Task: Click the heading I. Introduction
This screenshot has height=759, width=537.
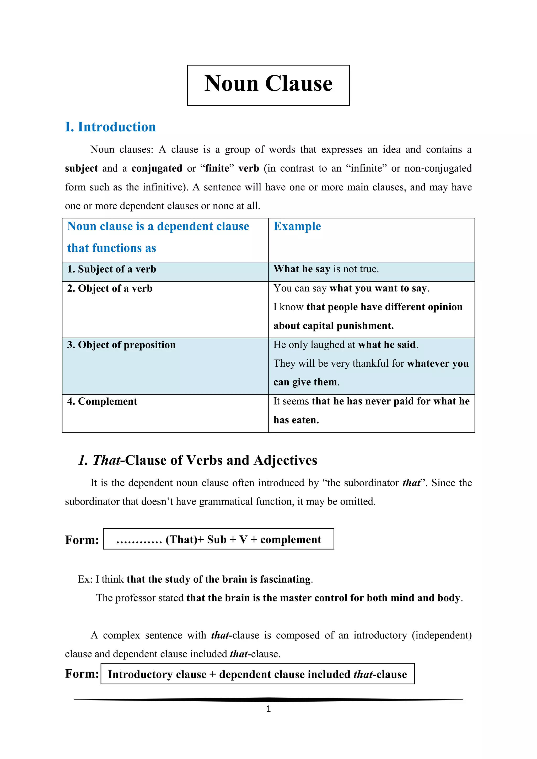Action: click(x=110, y=127)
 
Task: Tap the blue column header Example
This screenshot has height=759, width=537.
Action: click(x=297, y=226)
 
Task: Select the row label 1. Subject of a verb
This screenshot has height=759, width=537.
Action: click(x=111, y=269)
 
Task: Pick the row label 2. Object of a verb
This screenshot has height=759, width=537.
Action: click(x=110, y=288)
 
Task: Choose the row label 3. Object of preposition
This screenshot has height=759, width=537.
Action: click(x=121, y=345)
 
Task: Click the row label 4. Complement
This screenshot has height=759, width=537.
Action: click(x=102, y=401)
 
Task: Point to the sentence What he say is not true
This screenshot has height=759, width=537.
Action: click(x=326, y=269)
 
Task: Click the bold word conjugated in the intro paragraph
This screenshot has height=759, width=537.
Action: click(x=157, y=168)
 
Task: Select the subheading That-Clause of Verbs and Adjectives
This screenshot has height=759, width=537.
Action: click(x=198, y=460)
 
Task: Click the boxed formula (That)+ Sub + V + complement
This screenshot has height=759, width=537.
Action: click(x=219, y=539)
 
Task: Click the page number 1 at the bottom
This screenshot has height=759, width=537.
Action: click(x=268, y=709)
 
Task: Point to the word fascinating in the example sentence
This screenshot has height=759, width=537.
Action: click(x=285, y=579)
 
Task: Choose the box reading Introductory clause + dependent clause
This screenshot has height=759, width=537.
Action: click(x=257, y=674)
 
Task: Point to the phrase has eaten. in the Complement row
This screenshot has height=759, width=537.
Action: click(x=296, y=420)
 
